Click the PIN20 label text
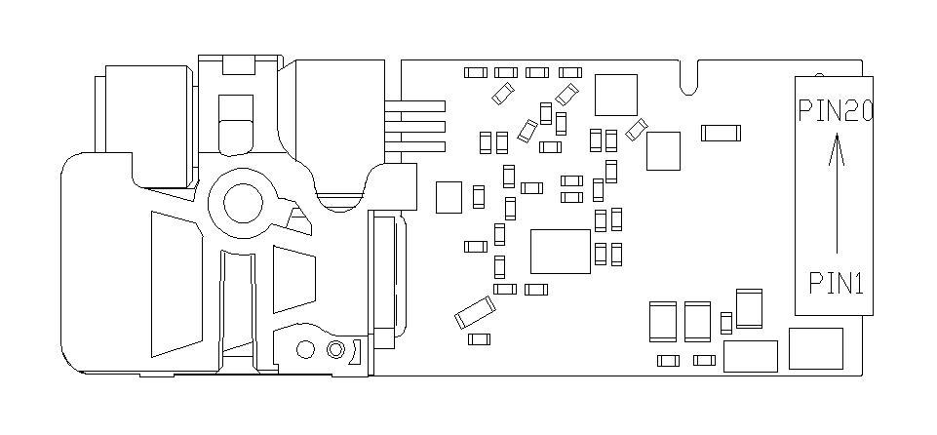(834, 111)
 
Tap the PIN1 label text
(836, 283)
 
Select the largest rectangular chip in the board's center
(560, 251)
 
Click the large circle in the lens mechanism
(244, 202)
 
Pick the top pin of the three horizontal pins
(416, 105)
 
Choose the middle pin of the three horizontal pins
(416, 126)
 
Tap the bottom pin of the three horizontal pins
(416, 146)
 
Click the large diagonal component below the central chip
(474, 313)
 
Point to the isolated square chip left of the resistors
(449, 197)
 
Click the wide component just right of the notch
(721, 132)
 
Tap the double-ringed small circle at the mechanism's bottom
(336, 349)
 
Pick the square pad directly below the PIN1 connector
(815, 348)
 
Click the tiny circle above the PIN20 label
(819, 75)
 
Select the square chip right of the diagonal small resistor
(664, 150)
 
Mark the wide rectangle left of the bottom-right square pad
(750, 356)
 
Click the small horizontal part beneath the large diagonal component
(479, 338)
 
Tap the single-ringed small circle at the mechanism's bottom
(305, 349)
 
